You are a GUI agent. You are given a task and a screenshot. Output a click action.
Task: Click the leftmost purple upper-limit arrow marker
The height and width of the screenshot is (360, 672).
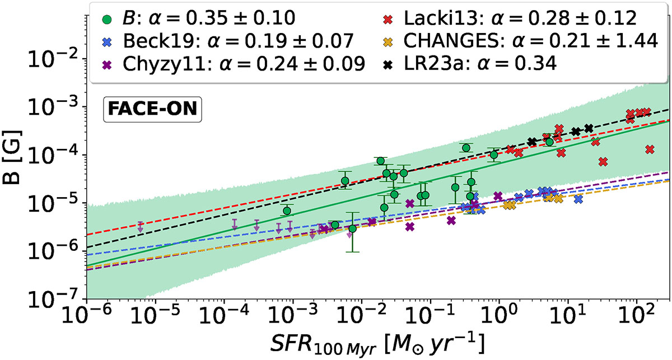(141, 227)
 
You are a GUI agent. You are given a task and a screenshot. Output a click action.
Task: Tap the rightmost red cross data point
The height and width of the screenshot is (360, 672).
(650, 149)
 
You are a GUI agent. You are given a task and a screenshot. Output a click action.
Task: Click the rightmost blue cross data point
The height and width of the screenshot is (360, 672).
(578, 199)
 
